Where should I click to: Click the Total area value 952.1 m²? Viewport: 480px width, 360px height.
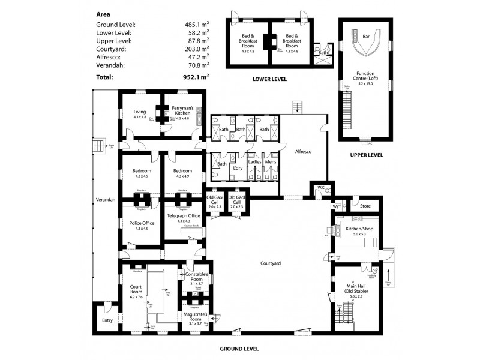197,77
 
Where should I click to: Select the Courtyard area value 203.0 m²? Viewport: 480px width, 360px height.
197,49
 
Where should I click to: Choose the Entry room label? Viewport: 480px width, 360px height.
107,320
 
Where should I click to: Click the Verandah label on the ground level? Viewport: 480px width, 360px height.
105,199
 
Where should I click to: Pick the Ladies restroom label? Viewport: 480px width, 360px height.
254,162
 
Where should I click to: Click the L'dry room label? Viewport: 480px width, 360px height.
237,169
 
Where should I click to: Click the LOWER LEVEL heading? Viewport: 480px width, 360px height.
270,79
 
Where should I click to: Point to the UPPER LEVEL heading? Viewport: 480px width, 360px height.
366,155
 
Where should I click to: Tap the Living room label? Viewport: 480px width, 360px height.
140,112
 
